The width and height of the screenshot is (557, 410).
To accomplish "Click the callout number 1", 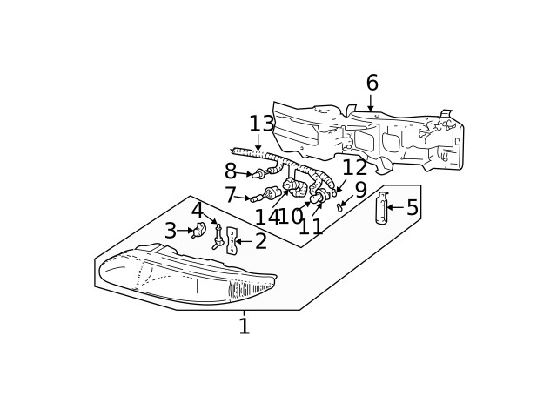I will (x=244, y=326).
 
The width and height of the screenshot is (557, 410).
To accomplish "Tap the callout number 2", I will (x=260, y=242).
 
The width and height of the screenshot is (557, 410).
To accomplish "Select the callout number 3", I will (x=171, y=231).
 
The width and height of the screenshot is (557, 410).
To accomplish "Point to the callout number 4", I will (x=198, y=211).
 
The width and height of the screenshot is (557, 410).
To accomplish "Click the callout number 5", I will (x=412, y=207).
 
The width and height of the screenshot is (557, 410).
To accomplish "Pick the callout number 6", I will (x=372, y=84).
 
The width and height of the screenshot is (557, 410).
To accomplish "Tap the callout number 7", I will (x=231, y=196).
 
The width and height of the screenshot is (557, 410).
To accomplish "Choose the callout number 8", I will (x=231, y=171).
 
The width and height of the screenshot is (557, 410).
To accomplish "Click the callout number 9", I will (x=360, y=190).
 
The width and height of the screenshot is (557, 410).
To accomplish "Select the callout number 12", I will (x=354, y=168).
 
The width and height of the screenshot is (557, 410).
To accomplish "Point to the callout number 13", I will (x=261, y=124).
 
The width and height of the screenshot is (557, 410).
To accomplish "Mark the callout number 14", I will (x=266, y=218).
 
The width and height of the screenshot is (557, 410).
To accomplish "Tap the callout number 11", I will (x=311, y=227).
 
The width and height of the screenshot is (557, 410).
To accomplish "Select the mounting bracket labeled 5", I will (x=381, y=208).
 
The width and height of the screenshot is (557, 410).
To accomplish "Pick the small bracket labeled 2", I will (x=232, y=240).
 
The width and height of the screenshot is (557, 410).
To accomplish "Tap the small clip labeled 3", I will (x=199, y=230).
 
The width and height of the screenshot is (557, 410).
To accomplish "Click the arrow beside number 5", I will (x=395, y=207).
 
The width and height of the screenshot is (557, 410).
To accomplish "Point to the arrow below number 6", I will (x=371, y=104).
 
